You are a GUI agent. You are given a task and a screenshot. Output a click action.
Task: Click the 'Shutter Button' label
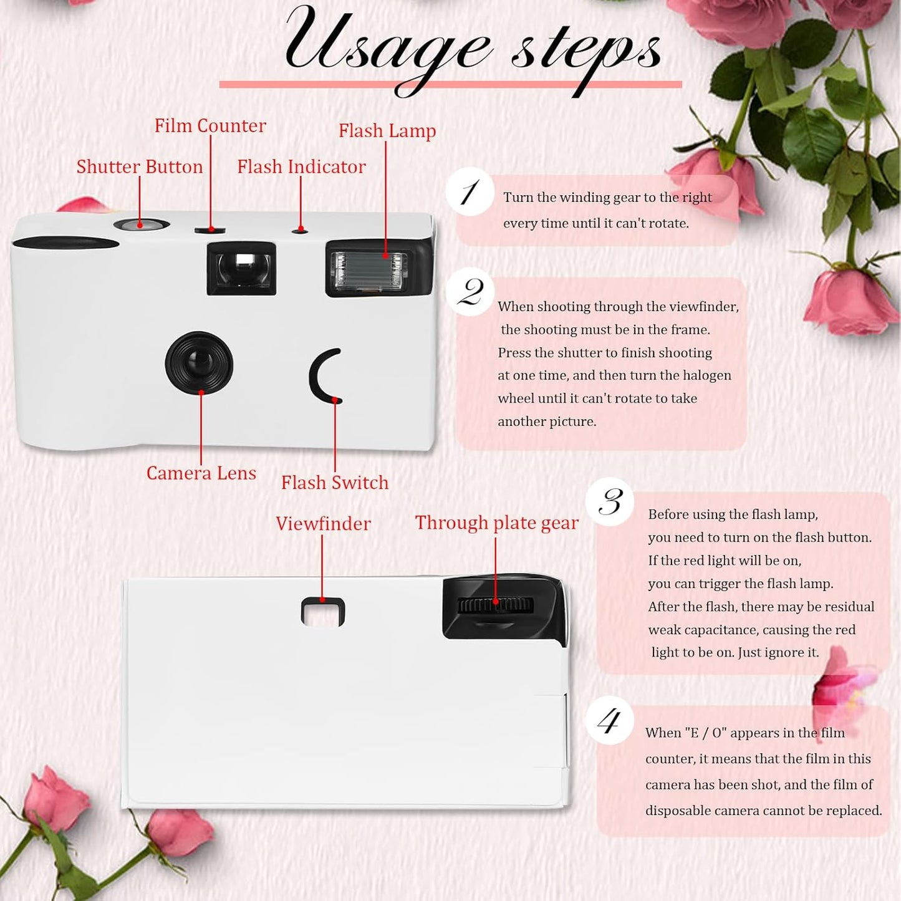pyautogui.click(x=140, y=167)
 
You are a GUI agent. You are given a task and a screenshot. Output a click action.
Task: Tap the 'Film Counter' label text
pyautogui.click(x=210, y=126)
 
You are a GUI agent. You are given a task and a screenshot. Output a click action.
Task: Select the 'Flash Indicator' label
pyautogui.click(x=301, y=167)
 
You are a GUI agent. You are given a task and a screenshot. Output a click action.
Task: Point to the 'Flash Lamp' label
pyautogui.click(x=387, y=131)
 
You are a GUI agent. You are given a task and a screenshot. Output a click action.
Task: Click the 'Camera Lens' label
pyautogui.click(x=201, y=473)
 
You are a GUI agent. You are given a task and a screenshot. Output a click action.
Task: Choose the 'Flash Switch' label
pyautogui.click(x=334, y=483)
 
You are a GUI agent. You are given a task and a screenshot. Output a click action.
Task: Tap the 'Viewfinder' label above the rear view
pyautogui.click(x=323, y=524)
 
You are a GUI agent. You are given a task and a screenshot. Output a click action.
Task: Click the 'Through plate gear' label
pyautogui.click(x=496, y=523)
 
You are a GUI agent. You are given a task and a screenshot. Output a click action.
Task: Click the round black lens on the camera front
pyautogui.click(x=199, y=363)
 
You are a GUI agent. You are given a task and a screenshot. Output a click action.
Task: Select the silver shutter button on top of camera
pyautogui.click(x=142, y=224)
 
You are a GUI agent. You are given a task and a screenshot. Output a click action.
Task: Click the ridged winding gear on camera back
pyautogui.click(x=496, y=605)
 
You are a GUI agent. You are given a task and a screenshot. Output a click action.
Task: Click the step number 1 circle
pyautogui.click(x=470, y=192)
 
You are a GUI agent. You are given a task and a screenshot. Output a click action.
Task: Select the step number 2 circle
pyautogui.click(x=470, y=292)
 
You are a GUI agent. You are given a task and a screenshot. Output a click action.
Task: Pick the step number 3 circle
pyautogui.click(x=610, y=502)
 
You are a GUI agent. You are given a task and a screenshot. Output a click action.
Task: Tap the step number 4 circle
pyautogui.click(x=609, y=721)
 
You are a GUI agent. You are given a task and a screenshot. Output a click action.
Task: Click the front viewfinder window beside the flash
pyautogui.click(x=241, y=268)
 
